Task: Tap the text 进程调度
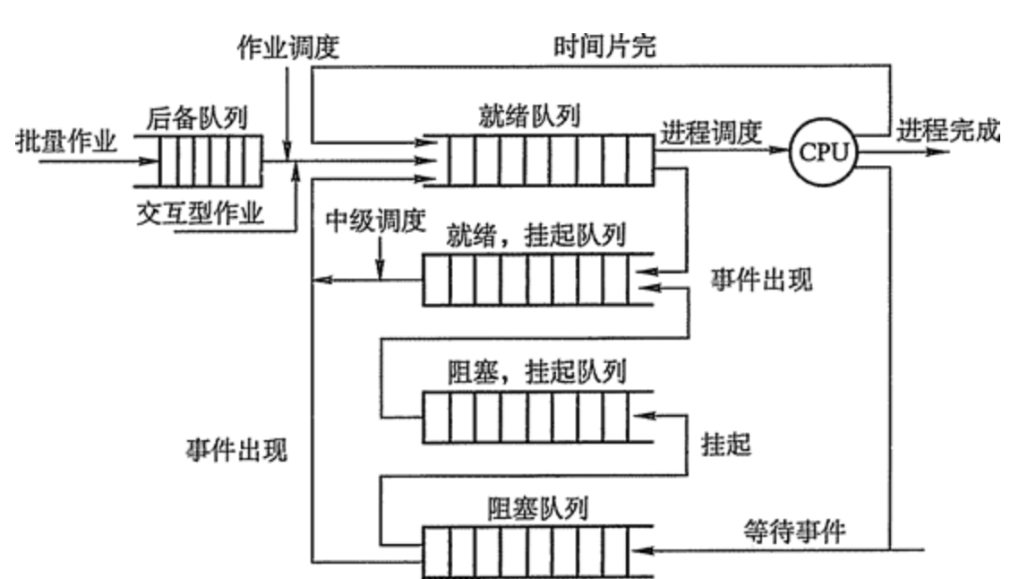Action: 711,132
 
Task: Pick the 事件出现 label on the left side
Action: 232,450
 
